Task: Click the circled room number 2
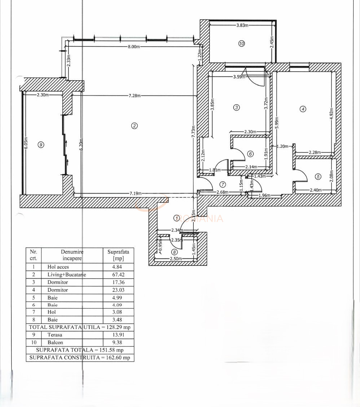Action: click(x=134, y=126)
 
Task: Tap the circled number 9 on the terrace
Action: click(x=41, y=145)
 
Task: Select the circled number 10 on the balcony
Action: click(x=242, y=43)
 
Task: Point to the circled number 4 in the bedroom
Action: click(x=303, y=109)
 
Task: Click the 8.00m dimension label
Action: click(x=133, y=47)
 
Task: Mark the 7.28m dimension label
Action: click(x=135, y=96)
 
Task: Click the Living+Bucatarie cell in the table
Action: click(x=67, y=275)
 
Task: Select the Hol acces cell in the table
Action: click(x=58, y=267)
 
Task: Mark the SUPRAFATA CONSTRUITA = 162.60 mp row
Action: click(x=80, y=358)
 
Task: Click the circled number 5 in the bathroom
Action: click(x=318, y=177)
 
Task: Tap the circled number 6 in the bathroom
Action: click(x=251, y=154)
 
